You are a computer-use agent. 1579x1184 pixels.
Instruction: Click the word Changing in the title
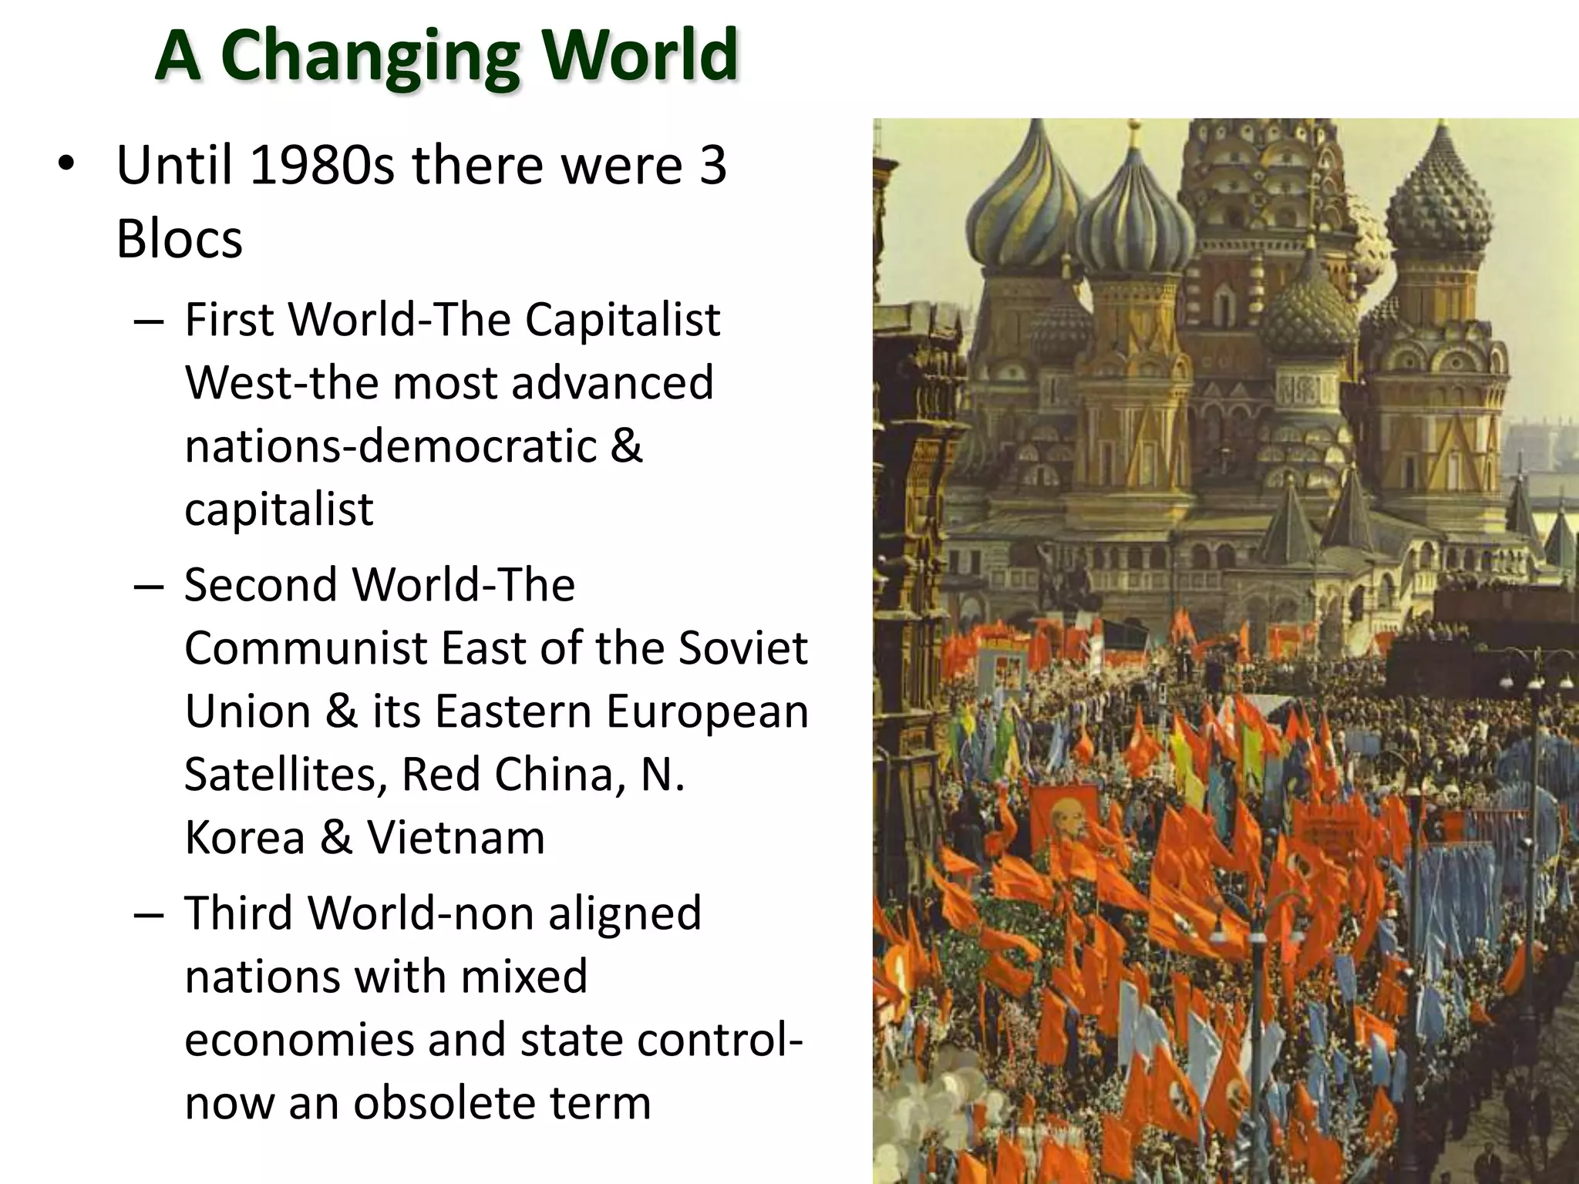[x=369, y=55]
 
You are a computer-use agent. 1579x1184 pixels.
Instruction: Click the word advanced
[x=612, y=382]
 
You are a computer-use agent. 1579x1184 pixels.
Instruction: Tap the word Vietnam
[x=456, y=837]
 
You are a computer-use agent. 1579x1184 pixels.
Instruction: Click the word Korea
[x=245, y=837]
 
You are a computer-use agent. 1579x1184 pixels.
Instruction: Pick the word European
[x=706, y=711]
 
